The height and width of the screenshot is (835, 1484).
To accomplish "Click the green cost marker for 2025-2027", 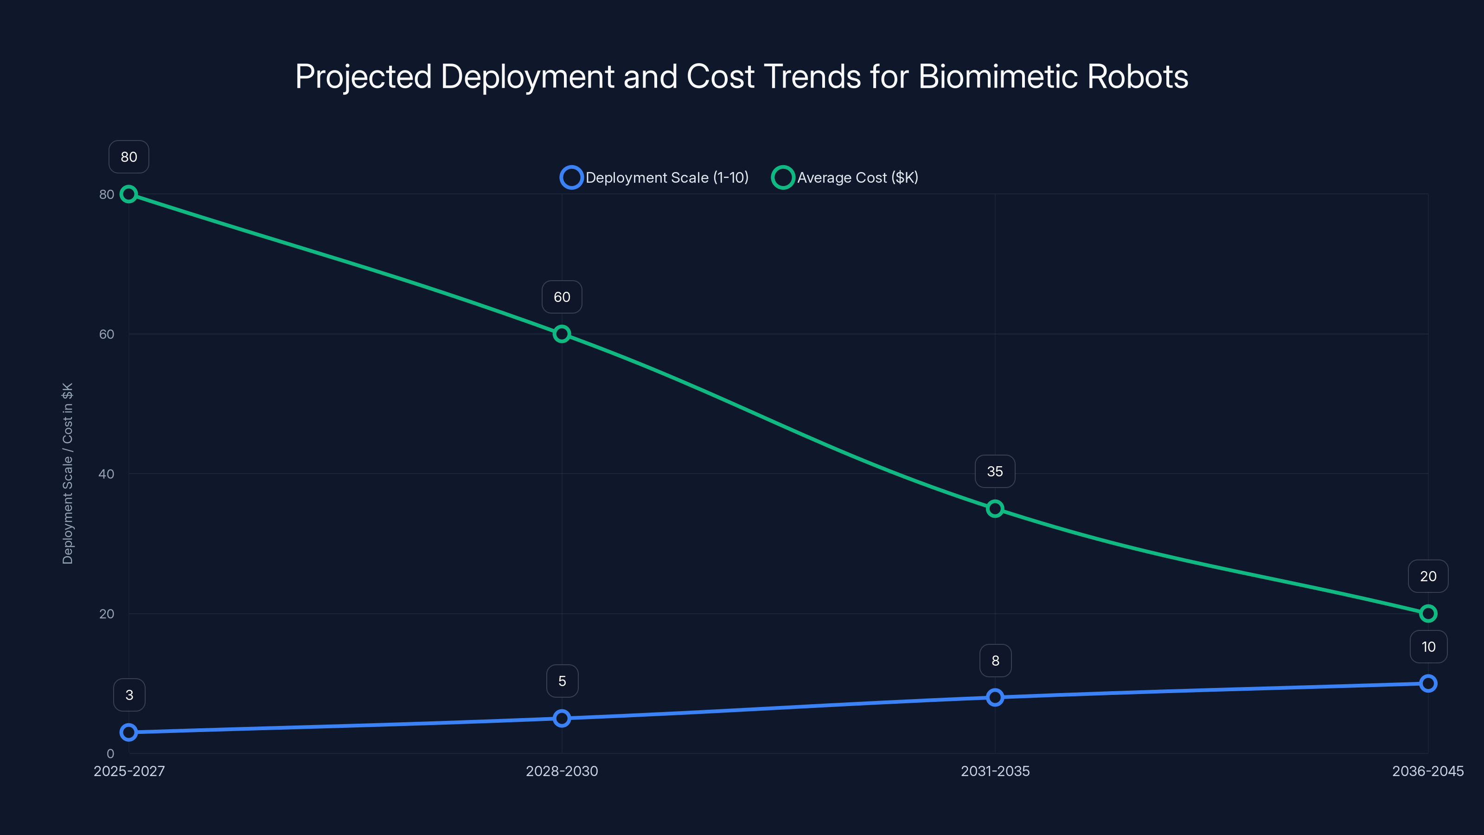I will [x=128, y=194].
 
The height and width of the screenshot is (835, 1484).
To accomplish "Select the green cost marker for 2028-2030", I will [x=562, y=334].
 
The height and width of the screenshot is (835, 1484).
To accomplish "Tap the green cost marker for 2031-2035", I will [x=995, y=509].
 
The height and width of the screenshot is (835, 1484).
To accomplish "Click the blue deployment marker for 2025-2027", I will [x=128, y=732].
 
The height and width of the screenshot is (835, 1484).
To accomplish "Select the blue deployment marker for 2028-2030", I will [x=562, y=718].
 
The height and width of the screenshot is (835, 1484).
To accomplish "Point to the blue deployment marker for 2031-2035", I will [x=995, y=697].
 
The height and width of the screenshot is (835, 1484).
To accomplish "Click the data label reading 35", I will [x=995, y=471].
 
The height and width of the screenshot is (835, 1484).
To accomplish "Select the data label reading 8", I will [x=995, y=661].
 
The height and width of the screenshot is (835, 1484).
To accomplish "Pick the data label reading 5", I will [x=562, y=681].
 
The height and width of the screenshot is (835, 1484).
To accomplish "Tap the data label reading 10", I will [x=1428, y=647].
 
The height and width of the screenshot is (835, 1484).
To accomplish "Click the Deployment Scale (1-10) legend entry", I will [x=654, y=178].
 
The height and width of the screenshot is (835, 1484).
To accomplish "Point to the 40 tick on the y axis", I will [x=107, y=474].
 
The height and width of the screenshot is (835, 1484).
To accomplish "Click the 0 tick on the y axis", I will [x=110, y=754].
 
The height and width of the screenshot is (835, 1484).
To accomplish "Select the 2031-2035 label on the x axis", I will [x=995, y=771].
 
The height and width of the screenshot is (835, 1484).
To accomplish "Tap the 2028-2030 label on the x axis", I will [x=562, y=771].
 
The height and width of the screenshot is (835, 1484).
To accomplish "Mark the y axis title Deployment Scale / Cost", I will [x=67, y=474].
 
